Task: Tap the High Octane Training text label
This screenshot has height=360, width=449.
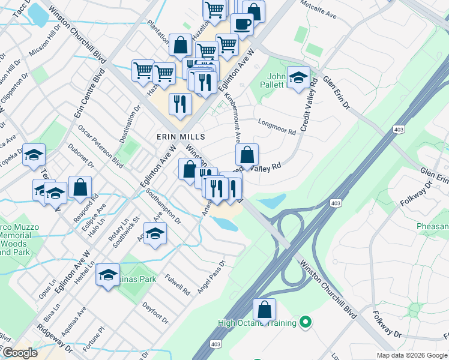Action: click(258, 323)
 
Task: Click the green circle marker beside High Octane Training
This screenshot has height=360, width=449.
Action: click(306, 323)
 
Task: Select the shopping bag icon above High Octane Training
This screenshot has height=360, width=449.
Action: click(264, 310)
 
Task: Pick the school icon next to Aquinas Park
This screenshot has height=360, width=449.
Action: click(108, 275)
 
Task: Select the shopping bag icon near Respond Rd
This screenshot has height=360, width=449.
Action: click(80, 187)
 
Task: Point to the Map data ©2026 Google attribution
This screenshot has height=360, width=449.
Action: click(411, 355)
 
